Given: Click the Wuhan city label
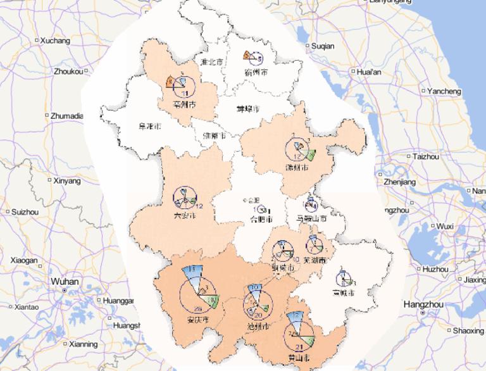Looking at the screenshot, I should tap(65, 282).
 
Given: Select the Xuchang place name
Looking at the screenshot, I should tap(55, 41).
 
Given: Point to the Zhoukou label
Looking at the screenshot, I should tap(69, 71).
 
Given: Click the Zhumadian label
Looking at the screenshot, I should tap(67, 116).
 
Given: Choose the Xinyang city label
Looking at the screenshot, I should tap(68, 181).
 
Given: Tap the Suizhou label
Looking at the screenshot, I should tap(25, 211).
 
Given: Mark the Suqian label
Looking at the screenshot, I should tap(323, 46).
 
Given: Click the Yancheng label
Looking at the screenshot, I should tap(444, 91).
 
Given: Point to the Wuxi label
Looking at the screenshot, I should tap(445, 226).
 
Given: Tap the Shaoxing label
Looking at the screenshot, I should tap(468, 330).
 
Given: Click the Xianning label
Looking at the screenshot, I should tap(84, 344).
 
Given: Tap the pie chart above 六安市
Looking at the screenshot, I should tap(185, 198).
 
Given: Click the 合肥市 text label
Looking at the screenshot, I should tap(261, 220).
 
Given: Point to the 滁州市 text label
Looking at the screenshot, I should tap(297, 169).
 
